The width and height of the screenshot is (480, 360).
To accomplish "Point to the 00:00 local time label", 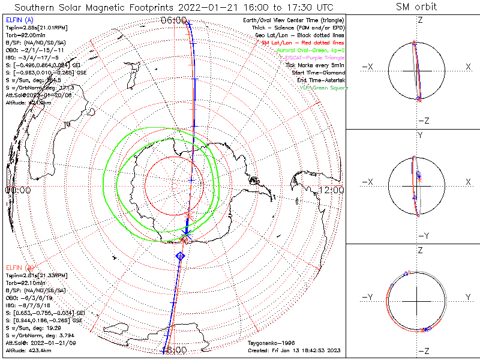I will [x=17, y=190].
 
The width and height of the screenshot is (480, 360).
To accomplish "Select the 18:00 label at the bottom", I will [x=174, y=350].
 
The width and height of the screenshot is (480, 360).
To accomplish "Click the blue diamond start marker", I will [x=180, y=256].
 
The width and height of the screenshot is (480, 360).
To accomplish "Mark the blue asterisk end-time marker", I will [x=185, y=233].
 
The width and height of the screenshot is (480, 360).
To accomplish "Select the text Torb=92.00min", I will [x=23, y=36].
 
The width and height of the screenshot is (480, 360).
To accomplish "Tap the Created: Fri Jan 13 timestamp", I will [x=296, y=349].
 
